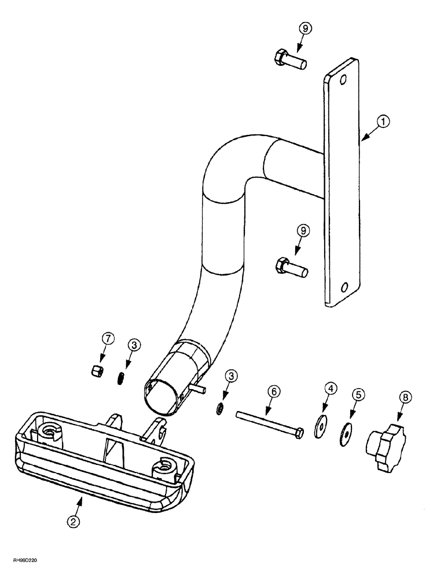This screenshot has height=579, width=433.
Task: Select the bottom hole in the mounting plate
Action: coord(345,287)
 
